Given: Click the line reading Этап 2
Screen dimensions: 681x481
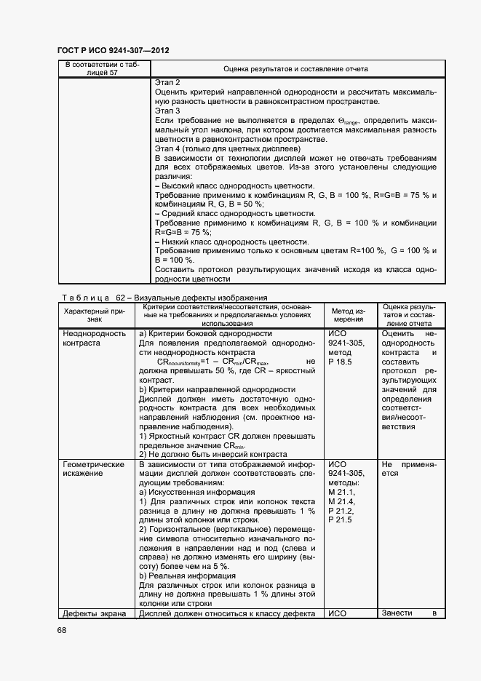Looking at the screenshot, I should point(167,83).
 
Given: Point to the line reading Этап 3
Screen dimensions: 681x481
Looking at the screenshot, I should point(167,110).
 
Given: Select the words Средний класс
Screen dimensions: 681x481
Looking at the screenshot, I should point(188,213).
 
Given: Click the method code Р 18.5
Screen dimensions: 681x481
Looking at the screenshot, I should point(341,362).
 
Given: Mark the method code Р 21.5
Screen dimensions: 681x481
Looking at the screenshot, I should point(341,519).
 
